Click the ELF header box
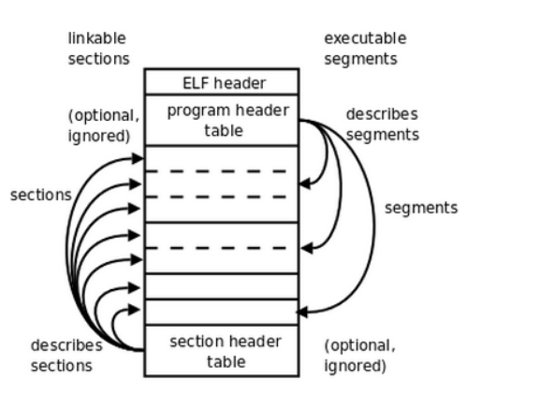tap(221, 81)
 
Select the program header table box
tap(221, 120)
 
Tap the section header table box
tap(221, 350)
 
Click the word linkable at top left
tap(96, 38)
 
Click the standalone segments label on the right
tap(421, 207)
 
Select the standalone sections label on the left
tap(40, 195)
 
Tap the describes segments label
tap(382, 124)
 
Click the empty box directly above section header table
tap(221, 311)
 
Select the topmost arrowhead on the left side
tap(138, 159)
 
